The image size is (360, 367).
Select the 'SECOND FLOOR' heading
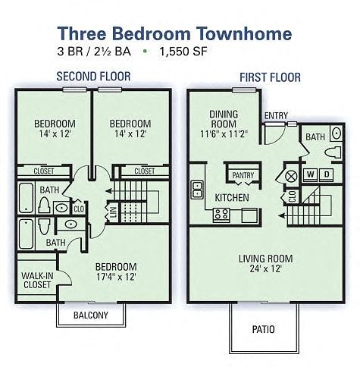click(93, 77)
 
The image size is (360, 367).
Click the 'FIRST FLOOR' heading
click(270, 77)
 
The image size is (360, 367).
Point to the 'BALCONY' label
click(90, 315)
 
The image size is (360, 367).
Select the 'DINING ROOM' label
click(224, 120)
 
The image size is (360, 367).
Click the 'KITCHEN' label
click(232, 197)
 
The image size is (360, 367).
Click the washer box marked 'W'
click(310, 174)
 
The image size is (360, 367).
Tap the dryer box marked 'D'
click(327, 174)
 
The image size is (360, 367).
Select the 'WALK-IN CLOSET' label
click(36, 280)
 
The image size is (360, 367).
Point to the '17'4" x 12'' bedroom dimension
click(115, 277)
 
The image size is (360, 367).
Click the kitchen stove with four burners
click(221, 214)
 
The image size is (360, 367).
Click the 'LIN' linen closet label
click(114, 212)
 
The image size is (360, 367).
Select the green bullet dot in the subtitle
click(144, 53)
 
